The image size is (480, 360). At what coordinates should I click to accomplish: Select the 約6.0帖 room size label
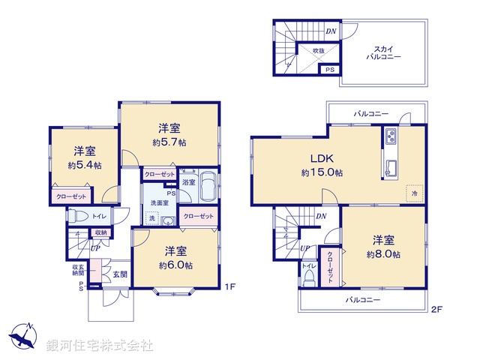(x=175, y=265)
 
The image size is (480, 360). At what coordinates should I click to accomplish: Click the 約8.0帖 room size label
(x=383, y=255)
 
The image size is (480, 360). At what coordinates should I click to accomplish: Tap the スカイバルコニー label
(x=382, y=52)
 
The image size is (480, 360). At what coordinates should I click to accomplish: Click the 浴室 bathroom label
(x=189, y=182)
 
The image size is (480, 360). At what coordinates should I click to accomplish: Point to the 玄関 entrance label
(x=120, y=274)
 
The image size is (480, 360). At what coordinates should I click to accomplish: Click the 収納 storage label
(x=100, y=232)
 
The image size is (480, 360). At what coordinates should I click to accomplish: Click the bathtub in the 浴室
(x=208, y=187)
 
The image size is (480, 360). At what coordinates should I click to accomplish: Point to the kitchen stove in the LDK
(x=391, y=136)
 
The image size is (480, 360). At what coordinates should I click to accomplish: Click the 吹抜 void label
(x=319, y=51)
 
